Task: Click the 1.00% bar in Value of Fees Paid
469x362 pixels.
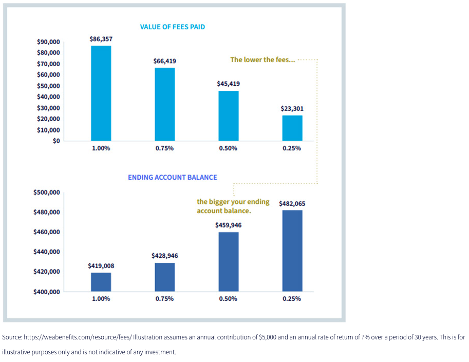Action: [101, 93]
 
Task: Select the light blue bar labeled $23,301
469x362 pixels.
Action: [292, 128]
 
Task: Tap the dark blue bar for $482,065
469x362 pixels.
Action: [292, 251]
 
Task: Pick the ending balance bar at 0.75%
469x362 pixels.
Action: [164, 277]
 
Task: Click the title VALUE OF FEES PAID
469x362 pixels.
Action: [172, 27]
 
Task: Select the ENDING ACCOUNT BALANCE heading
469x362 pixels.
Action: [172, 177]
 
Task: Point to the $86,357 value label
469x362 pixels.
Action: [101, 39]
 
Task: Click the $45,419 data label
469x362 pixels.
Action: [228, 84]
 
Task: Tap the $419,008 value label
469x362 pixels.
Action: [101, 266]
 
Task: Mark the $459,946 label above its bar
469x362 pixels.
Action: [228, 225]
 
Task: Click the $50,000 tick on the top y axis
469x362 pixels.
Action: [48, 86]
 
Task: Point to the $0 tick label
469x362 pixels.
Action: [56, 141]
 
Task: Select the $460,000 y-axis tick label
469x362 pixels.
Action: [46, 232]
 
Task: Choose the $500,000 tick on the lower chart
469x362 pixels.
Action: [46, 193]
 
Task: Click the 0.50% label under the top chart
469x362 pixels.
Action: [228, 148]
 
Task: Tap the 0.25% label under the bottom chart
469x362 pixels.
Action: [292, 299]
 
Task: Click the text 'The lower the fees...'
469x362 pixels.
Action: [262, 60]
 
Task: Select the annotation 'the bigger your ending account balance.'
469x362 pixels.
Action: [233, 206]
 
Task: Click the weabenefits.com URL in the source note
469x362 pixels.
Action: [77, 337]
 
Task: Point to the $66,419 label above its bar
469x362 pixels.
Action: [164, 61]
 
